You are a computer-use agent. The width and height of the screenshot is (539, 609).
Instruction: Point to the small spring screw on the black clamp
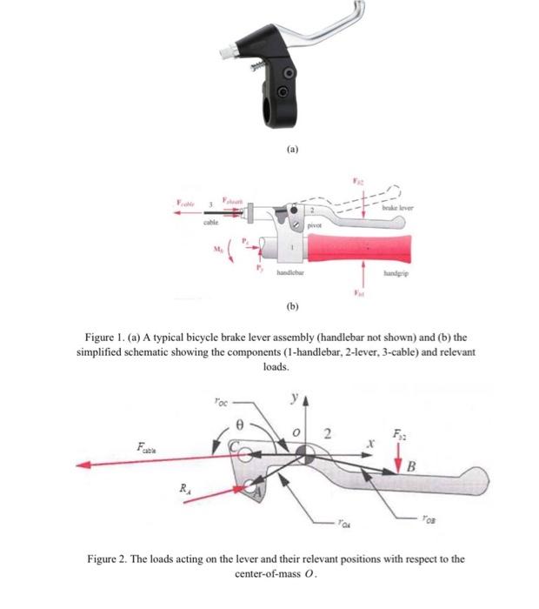(x=258, y=65)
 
